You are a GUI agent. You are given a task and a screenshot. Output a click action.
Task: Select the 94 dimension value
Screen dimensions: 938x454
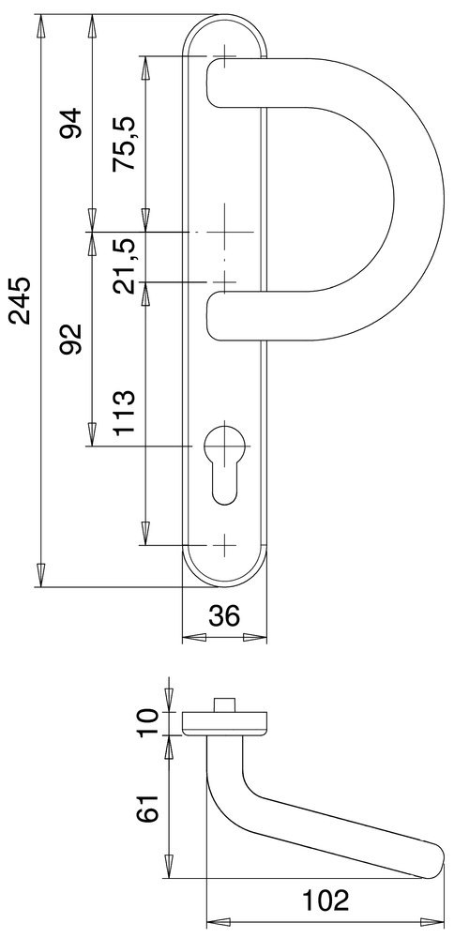(71, 123)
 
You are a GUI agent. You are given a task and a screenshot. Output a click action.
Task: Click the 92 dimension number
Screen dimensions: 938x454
(71, 339)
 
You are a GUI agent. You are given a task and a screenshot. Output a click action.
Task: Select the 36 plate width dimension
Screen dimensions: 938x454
(223, 615)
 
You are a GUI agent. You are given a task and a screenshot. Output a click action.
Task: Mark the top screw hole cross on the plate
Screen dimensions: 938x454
(224, 57)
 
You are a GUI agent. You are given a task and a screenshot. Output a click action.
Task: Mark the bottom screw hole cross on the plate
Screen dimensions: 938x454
(224, 545)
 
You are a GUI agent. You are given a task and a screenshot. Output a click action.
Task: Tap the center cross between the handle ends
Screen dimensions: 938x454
(224, 232)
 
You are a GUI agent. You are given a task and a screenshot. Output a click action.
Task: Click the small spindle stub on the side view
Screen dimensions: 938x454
(224, 703)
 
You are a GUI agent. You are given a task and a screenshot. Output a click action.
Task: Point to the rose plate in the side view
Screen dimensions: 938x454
(225, 722)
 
